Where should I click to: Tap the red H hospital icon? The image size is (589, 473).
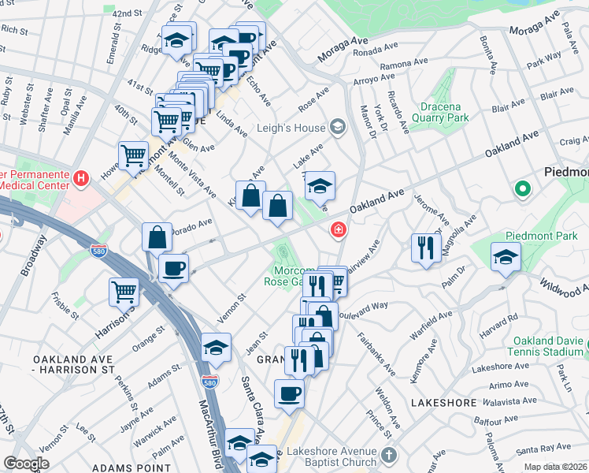pos(80,180)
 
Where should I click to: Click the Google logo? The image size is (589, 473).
pos(26,464)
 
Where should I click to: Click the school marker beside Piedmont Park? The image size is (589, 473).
pos(506,256)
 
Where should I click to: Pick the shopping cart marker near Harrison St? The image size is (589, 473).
pos(124,292)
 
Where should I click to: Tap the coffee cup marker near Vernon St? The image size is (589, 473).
pos(173,267)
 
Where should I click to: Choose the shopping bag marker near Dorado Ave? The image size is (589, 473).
pos(157,236)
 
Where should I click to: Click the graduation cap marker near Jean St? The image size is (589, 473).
pos(216,348)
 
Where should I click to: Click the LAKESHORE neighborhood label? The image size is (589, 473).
pos(444,403)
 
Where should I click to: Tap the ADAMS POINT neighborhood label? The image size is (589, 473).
pos(132,467)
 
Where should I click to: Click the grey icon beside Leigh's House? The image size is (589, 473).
pos(338,128)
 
